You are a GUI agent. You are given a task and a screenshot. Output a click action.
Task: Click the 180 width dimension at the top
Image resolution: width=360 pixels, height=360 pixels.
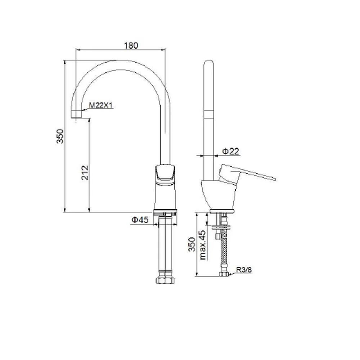coord(131,45)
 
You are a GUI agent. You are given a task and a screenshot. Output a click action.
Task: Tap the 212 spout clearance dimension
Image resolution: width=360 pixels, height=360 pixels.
coord(85,173)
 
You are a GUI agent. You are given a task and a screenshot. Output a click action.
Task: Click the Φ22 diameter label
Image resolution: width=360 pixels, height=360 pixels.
coord(230,151)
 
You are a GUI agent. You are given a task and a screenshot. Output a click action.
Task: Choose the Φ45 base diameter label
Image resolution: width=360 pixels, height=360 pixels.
coord(140,220)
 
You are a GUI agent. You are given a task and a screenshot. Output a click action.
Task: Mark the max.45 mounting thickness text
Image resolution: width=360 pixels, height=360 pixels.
coord(203,245)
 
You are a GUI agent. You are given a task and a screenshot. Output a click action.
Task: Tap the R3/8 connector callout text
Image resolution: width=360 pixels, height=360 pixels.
coord(244,270)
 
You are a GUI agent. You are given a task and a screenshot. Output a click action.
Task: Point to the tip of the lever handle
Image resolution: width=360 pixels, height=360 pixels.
coord(274,179)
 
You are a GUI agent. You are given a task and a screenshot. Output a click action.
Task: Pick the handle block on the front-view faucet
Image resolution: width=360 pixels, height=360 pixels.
coord(165,174)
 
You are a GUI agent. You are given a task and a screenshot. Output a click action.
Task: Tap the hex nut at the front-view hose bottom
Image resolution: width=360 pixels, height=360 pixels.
coord(165,280)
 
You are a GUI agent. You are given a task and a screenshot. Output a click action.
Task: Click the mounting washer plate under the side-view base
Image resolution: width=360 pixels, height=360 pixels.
coord(222,228)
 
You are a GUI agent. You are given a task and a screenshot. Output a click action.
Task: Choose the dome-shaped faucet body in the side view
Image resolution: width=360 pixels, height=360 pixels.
coord(218,194)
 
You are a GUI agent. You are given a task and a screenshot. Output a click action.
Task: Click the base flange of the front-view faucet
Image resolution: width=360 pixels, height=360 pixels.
coord(165,212)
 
